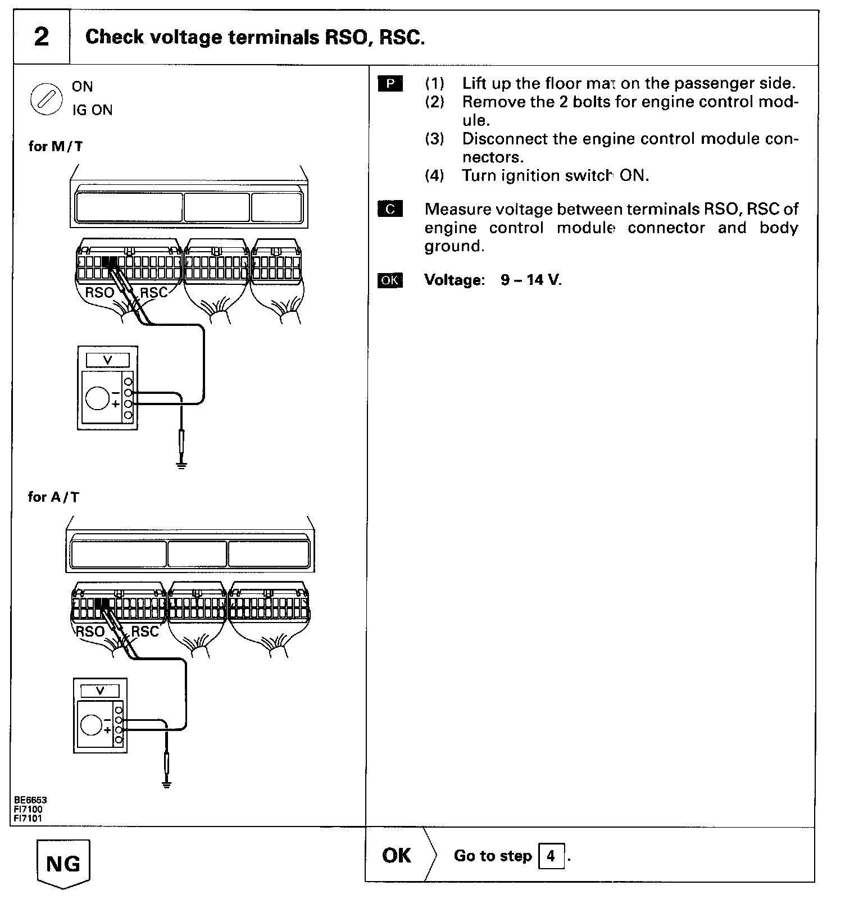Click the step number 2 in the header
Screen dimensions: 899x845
pyautogui.click(x=42, y=37)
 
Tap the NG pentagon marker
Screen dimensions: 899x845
pyautogui.click(x=63, y=864)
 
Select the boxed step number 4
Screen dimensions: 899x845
pyautogui.click(x=551, y=856)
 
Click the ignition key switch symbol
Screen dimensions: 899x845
pyautogui.click(x=46, y=98)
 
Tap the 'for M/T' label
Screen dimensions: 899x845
pyautogui.click(x=55, y=147)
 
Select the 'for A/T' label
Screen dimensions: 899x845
pyautogui.click(x=53, y=497)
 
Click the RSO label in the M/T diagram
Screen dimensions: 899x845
pyautogui.click(x=99, y=293)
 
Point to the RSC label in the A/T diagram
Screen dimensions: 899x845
pyautogui.click(x=145, y=632)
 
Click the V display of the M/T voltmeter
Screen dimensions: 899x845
pyautogui.click(x=107, y=360)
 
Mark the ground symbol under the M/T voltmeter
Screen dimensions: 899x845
pyautogui.click(x=181, y=464)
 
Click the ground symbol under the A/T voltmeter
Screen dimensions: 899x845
pyautogui.click(x=167, y=785)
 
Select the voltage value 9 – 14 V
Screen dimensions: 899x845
pyautogui.click(x=531, y=280)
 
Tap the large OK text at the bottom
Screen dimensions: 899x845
pyautogui.click(x=396, y=856)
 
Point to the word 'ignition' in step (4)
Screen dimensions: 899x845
pyautogui.click(x=529, y=176)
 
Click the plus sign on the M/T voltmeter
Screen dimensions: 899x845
pyautogui.click(x=116, y=403)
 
